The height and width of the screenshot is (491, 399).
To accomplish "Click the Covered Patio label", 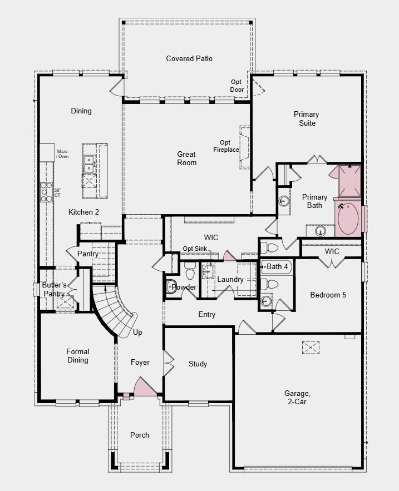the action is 189,58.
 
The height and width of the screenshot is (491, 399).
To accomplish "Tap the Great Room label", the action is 187,158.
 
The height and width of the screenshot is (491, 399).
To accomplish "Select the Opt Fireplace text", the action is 226,146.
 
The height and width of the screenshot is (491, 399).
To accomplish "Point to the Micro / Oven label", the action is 62,154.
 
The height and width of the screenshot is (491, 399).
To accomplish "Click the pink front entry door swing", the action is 144,388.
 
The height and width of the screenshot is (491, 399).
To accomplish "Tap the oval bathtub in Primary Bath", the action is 348,219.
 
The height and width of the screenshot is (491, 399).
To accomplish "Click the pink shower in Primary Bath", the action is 349,181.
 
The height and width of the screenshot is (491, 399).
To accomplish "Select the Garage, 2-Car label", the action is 297,397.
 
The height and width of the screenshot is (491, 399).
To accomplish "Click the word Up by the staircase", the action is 137,332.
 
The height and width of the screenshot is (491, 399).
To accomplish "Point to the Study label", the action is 198,364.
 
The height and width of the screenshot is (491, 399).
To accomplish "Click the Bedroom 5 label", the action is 328,295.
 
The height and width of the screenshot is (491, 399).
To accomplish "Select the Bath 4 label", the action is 277,266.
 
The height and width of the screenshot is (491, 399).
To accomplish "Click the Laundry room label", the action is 230,279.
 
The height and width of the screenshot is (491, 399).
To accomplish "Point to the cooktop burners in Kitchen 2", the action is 46,192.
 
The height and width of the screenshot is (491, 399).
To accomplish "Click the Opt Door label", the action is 237,86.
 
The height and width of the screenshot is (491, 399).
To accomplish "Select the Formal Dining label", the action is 78,356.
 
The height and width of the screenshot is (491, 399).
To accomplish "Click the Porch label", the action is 140,435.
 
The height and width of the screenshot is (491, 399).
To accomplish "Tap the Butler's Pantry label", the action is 54,289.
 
